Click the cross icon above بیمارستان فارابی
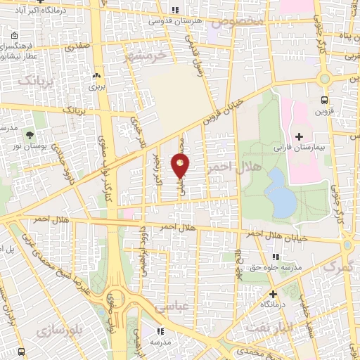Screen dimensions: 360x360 300,136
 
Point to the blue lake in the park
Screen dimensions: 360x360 281,193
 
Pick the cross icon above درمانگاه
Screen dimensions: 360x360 273,294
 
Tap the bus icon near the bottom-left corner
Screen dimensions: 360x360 22,350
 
